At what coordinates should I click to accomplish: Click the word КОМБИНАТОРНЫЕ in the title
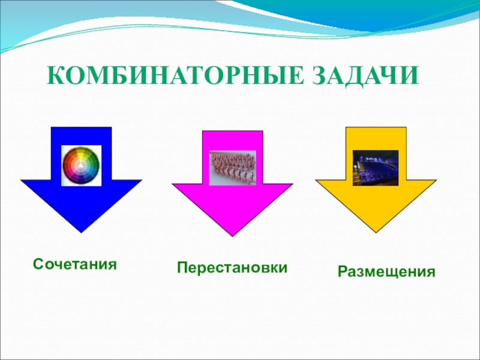176,76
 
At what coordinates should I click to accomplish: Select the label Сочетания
75,264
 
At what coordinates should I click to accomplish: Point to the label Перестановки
232,268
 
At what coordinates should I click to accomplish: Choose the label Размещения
386,272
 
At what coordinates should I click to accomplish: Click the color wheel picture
81,166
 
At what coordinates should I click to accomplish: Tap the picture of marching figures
232,168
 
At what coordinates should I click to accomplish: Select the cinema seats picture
376,168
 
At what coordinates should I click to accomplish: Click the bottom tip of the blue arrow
81,233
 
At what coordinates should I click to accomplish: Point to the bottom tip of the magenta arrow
232,236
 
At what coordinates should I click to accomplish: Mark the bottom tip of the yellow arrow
376,233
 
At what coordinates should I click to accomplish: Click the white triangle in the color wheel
80,166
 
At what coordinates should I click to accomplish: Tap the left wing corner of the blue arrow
21,180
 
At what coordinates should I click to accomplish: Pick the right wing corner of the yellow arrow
437,180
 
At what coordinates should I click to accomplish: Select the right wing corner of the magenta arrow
293,184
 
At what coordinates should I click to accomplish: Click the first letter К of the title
56,76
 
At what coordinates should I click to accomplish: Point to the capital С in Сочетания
38,264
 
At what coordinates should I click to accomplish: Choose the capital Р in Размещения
343,271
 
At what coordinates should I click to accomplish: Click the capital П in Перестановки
182,267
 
